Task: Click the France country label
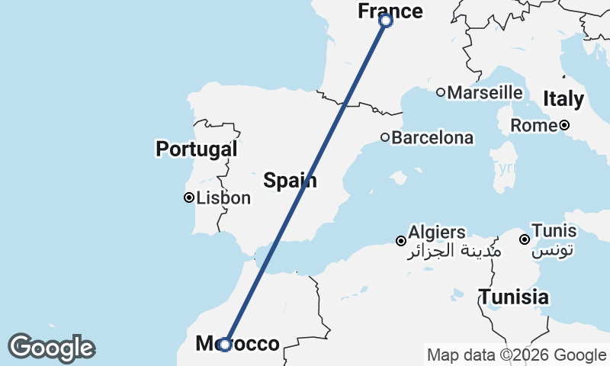[390, 11]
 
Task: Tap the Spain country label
[290, 180]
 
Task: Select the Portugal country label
[197, 149]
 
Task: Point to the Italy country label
[563, 98]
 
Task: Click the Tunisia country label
[513, 297]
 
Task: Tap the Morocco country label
[238, 344]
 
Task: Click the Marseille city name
[485, 92]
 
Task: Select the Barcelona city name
[432, 138]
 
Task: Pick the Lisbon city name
[223, 198]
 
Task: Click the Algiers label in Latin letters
[437, 232]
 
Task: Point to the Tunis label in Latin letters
[554, 230]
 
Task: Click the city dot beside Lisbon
[188, 197]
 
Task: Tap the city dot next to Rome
[564, 125]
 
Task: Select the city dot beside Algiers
[400, 241]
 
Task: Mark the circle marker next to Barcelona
[385, 138]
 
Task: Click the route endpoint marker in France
[386, 21]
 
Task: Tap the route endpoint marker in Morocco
[225, 345]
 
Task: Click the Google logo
[51, 348]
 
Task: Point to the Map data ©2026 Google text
[516, 355]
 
